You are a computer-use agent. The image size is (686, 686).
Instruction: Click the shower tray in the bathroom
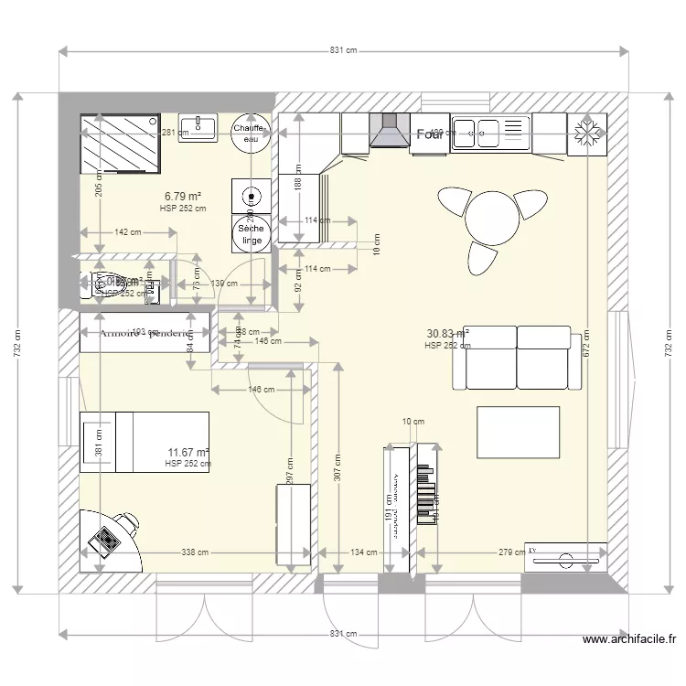click(x=122, y=143)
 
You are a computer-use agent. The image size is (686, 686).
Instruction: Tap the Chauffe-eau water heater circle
click(x=249, y=134)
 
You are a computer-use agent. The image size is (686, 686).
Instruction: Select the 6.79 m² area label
click(x=182, y=196)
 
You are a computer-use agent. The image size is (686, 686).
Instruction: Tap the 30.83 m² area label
click(x=447, y=334)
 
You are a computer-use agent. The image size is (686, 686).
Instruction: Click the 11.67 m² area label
click(x=188, y=453)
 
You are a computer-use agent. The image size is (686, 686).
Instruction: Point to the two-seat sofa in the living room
click(x=518, y=357)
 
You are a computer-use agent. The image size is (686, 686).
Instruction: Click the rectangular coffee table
click(x=519, y=433)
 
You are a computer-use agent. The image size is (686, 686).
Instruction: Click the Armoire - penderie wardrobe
click(x=145, y=333)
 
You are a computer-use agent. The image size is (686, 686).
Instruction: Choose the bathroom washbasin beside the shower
click(x=198, y=128)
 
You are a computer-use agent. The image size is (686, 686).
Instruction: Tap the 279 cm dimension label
click(x=511, y=552)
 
